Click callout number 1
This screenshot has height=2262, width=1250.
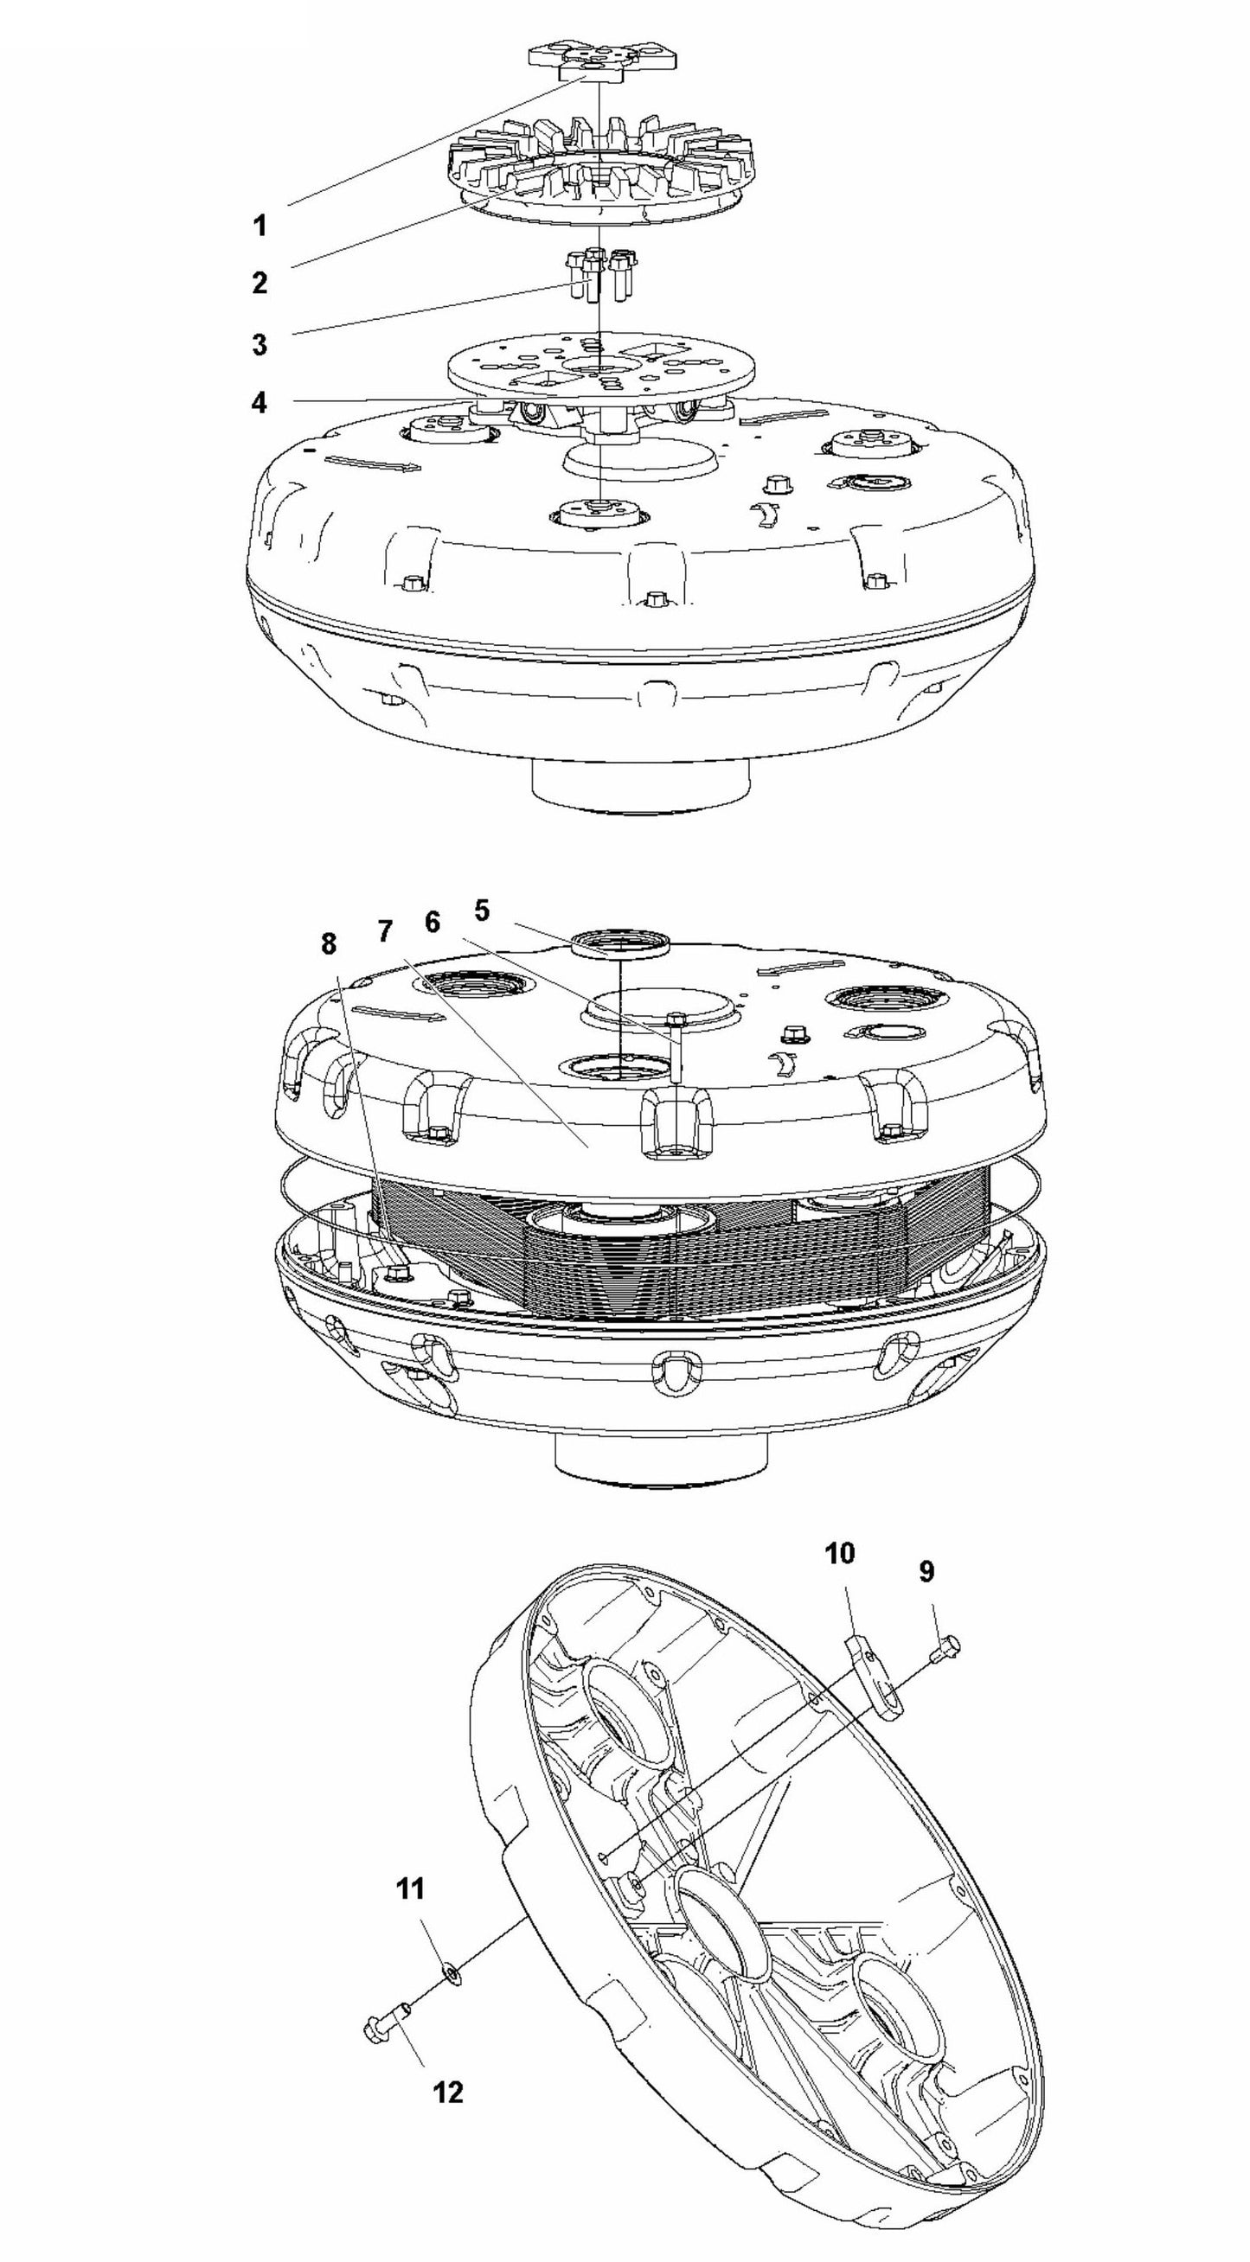[260, 226]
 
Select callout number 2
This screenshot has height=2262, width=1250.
[260, 283]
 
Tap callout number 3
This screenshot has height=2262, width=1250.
[260, 344]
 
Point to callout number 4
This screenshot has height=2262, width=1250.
[259, 403]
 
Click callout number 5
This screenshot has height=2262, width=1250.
[481, 911]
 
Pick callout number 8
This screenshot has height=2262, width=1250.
[328, 944]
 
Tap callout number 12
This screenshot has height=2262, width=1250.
[448, 2093]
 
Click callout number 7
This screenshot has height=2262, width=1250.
[386, 931]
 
